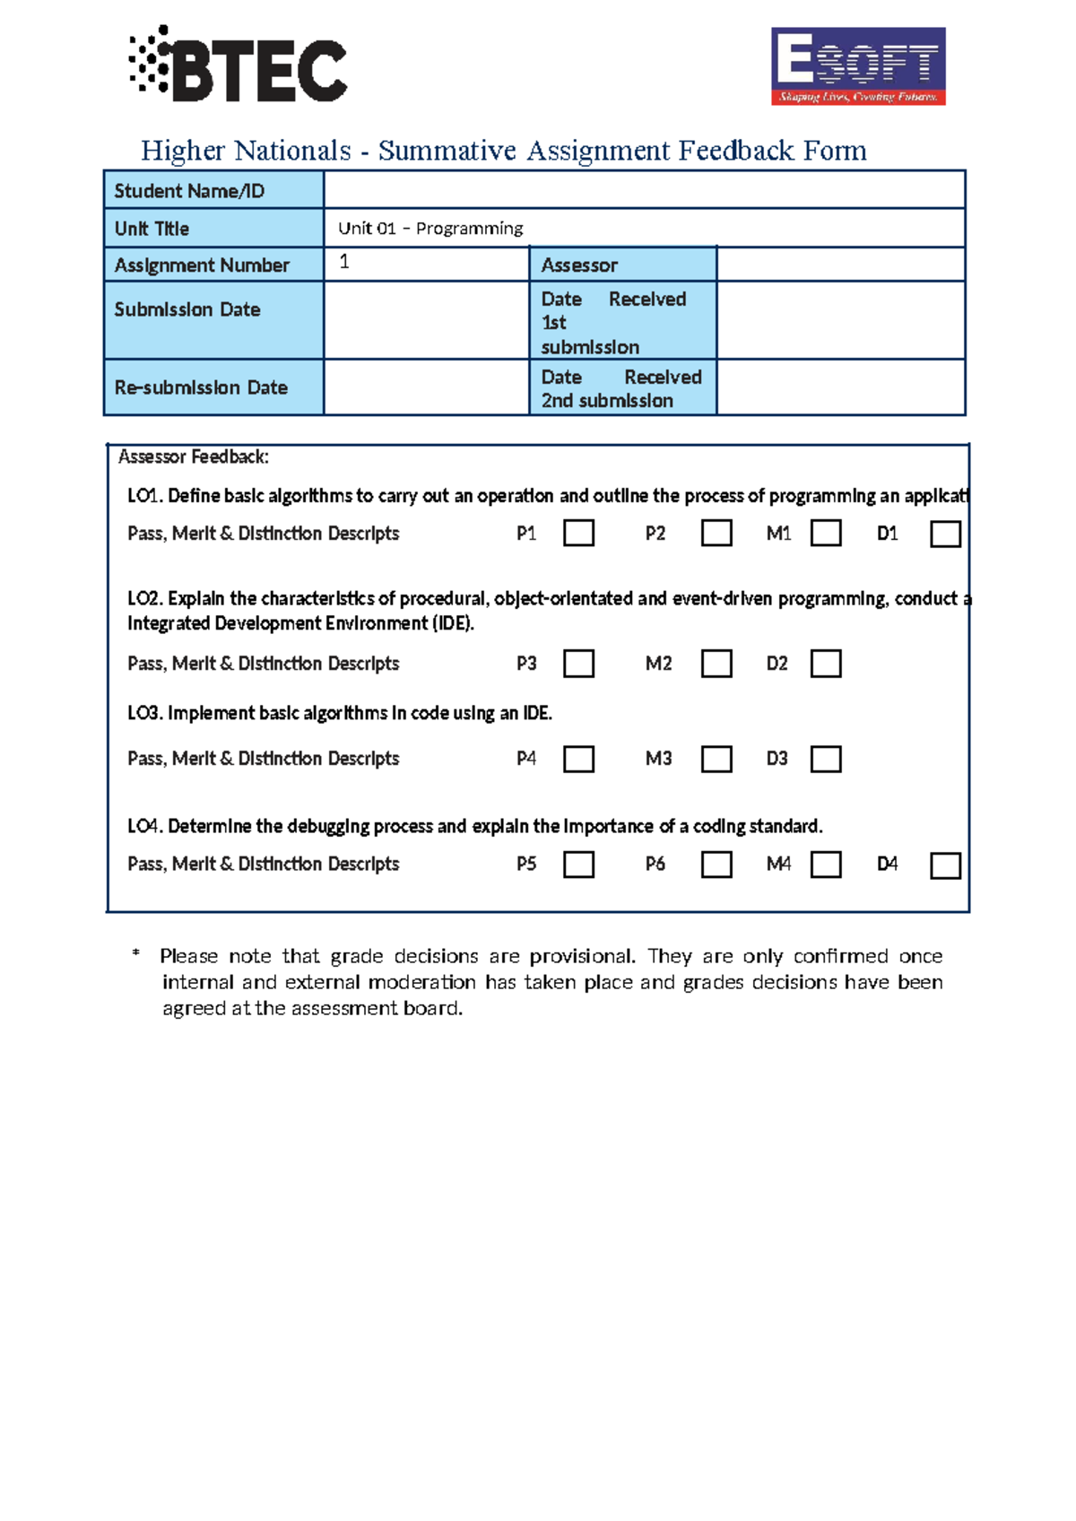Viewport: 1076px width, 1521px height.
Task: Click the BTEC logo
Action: pos(239,65)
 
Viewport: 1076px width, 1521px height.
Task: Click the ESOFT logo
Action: pos(858,65)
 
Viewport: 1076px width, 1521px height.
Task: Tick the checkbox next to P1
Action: pos(578,534)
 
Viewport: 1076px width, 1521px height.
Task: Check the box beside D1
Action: pos(945,535)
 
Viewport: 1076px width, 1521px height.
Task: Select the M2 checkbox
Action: pos(716,665)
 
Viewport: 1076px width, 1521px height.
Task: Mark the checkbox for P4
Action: pos(578,760)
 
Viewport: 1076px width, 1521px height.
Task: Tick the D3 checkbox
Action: pos(825,760)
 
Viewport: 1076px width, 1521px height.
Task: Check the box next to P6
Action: pos(716,865)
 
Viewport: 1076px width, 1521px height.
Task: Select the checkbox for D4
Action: pos(945,865)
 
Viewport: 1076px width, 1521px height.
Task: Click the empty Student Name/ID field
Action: pos(643,190)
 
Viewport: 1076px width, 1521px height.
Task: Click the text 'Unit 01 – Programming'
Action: pos(430,229)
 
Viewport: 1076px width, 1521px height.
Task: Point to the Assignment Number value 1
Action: pos(344,262)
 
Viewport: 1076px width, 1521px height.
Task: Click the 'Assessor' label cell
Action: pos(622,265)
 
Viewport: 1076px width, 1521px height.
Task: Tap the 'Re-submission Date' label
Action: pos(201,387)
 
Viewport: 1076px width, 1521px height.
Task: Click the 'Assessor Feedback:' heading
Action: pos(194,457)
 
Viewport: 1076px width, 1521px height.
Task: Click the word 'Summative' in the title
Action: pos(447,151)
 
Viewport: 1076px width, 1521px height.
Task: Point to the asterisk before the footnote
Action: pos(135,953)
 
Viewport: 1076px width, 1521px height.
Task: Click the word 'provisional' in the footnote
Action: pos(580,956)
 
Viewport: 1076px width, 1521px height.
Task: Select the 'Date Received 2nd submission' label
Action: pos(621,388)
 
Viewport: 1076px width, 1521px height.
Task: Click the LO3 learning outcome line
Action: pos(339,713)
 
